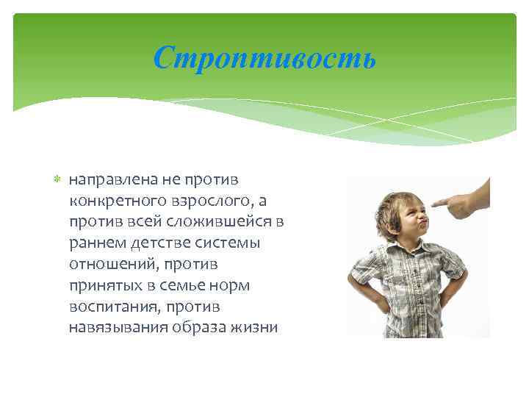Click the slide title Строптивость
[x=264, y=57]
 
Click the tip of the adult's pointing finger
[x=432, y=203]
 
